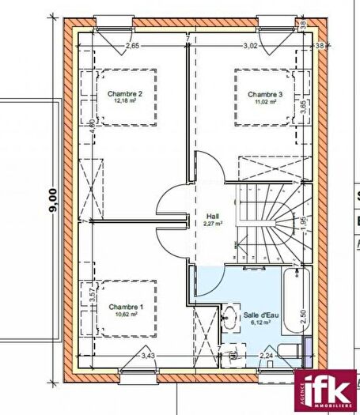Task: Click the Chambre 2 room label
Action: [125, 94]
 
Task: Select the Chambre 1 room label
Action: [126, 307]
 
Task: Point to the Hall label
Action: [212, 215]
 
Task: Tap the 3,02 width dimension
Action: [251, 47]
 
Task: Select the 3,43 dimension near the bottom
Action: [149, 357]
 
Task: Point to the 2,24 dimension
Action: [267, 357]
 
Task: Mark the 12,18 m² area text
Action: [125, 102]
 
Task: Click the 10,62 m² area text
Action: [126, 315]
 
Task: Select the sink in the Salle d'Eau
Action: [229, 315]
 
